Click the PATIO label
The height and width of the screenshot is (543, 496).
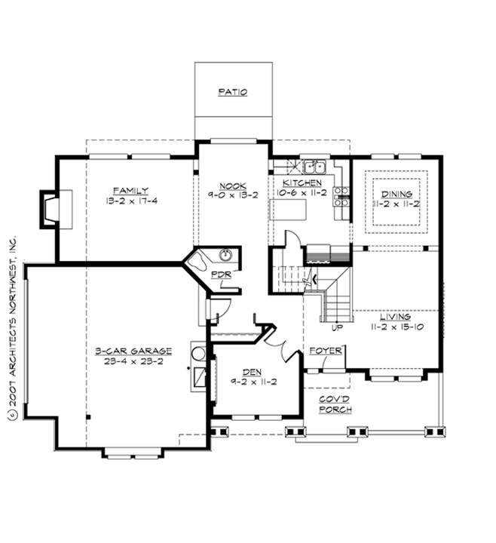click(233, 93)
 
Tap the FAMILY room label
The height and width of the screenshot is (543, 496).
click(131, 190)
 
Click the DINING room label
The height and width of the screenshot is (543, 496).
click(396, 194)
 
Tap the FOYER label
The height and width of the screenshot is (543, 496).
click(326, 351)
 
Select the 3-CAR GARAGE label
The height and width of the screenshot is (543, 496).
click(133, 351)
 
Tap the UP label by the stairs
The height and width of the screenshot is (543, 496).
click(338, 328)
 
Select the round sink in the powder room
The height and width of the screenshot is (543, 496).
click(224, 255)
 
